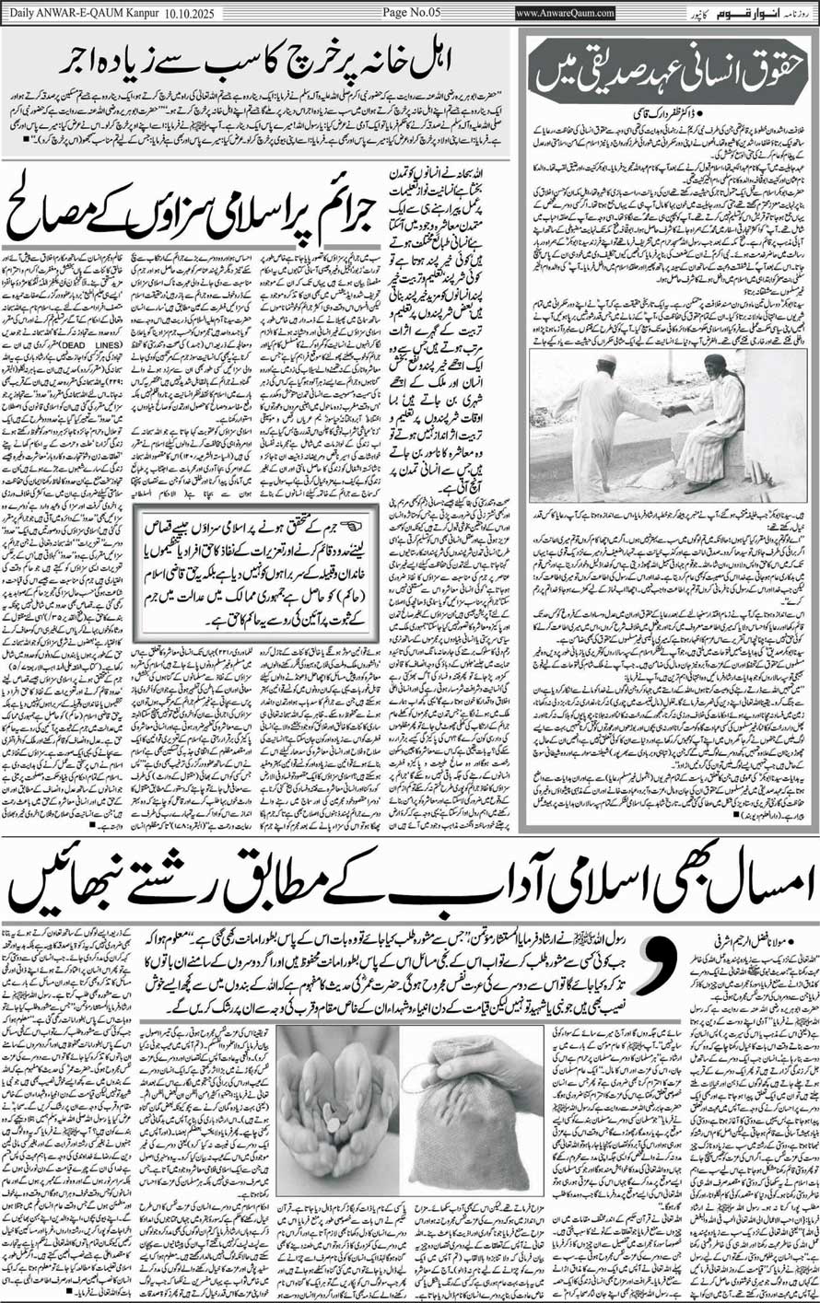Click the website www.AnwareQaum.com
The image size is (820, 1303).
click(565, 13)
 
